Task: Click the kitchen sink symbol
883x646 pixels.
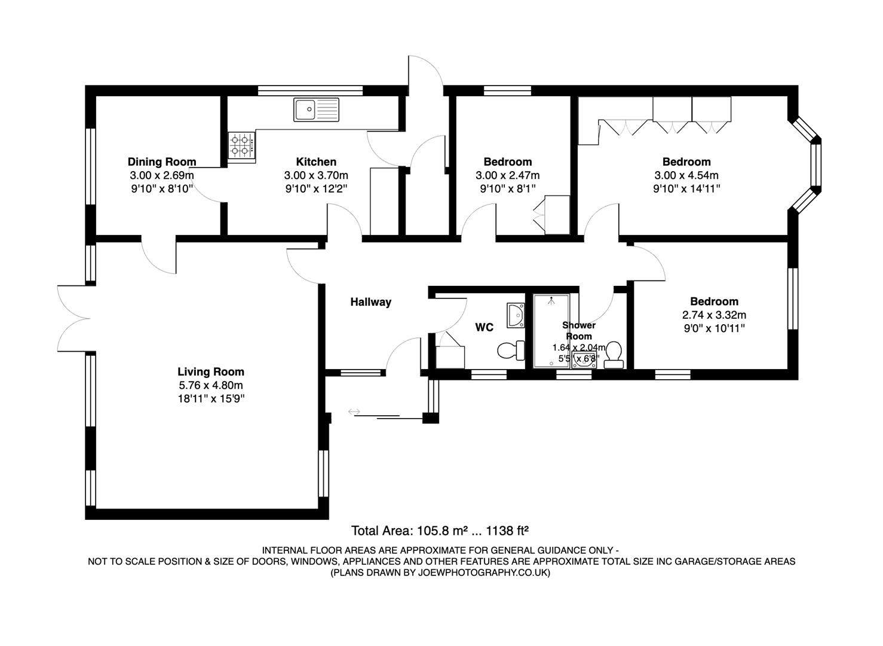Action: [315, 109]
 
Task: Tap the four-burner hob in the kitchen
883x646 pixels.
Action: [241, 147]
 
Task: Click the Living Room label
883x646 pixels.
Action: [211, 372]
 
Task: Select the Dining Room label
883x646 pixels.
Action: [162, 161]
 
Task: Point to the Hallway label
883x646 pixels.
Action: [370, 302]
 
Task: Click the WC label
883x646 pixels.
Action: [484, 327]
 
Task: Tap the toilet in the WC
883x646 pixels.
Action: [510, 350]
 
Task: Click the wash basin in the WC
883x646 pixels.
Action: [515, 315]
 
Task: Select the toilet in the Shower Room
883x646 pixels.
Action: [614, 354]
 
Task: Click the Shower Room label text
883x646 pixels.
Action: [578, 330]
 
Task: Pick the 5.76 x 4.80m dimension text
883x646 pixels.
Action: [211, 385]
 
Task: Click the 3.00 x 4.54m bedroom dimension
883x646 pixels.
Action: [686, 175]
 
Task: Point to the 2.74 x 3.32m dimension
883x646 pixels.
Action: [714, 315]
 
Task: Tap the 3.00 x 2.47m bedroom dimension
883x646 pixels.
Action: [507, 175]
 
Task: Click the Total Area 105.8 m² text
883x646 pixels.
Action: [440, 530]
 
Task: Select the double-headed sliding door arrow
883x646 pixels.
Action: [354, 412]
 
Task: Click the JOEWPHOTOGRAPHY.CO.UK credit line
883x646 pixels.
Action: [440, 572]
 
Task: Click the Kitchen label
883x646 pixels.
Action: [316, 161]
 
